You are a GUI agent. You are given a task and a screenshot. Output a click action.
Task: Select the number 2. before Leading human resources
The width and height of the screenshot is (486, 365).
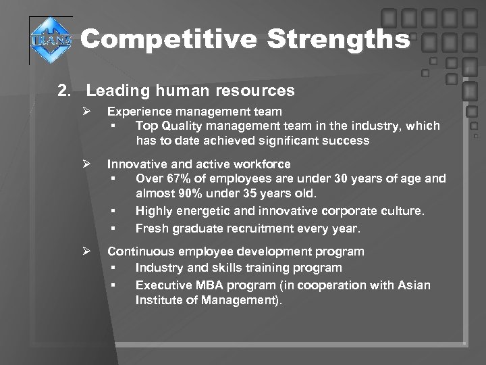[x=65, y=90]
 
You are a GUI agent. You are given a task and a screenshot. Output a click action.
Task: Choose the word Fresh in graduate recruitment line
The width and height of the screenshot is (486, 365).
[x=151, y=228]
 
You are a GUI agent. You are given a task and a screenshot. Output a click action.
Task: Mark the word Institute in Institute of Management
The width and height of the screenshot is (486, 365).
[x=159, y=300]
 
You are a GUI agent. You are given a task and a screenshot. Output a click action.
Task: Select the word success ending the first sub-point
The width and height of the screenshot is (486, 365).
[x=346, y=141]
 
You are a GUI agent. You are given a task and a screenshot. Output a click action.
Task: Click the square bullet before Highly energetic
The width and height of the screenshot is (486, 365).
[x=116, y=212]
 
